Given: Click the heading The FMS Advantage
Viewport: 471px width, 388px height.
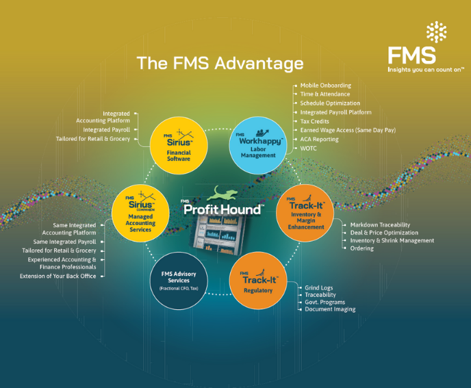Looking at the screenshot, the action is [220, 64].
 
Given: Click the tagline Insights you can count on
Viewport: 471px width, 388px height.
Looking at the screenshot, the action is [424, 69].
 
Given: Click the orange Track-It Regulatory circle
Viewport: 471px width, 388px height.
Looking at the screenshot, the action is [257, 279].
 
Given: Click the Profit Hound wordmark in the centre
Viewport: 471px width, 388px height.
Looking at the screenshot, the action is [223, 209].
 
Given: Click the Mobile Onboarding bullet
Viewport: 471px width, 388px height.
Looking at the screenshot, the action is [325, 86].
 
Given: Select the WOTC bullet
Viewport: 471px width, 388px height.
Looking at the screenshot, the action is [309, 148].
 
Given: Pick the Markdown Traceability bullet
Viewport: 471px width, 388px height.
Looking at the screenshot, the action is [380, 224].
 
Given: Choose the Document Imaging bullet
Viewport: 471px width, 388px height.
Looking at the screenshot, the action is [331, 309].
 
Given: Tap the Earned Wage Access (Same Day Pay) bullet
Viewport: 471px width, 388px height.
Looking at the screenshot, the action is [348, 130].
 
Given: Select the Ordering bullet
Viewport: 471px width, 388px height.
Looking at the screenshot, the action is [362, 248].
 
